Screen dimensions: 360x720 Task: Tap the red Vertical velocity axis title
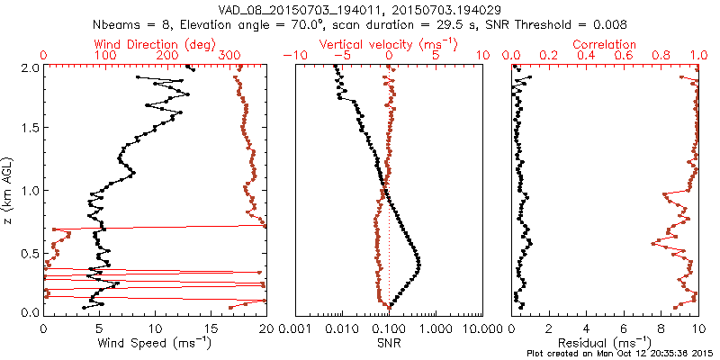pyautogui.click(x=389, y=44)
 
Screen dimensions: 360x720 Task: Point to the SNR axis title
pyautogui.click(x=390, y=343)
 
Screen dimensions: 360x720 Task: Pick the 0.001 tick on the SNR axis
pyautogui.click(x=296, y=328)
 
